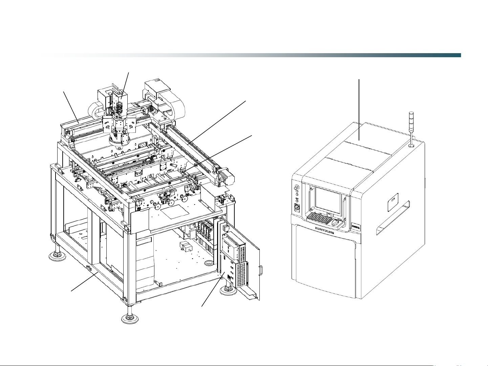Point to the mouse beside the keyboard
[335, 222]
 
